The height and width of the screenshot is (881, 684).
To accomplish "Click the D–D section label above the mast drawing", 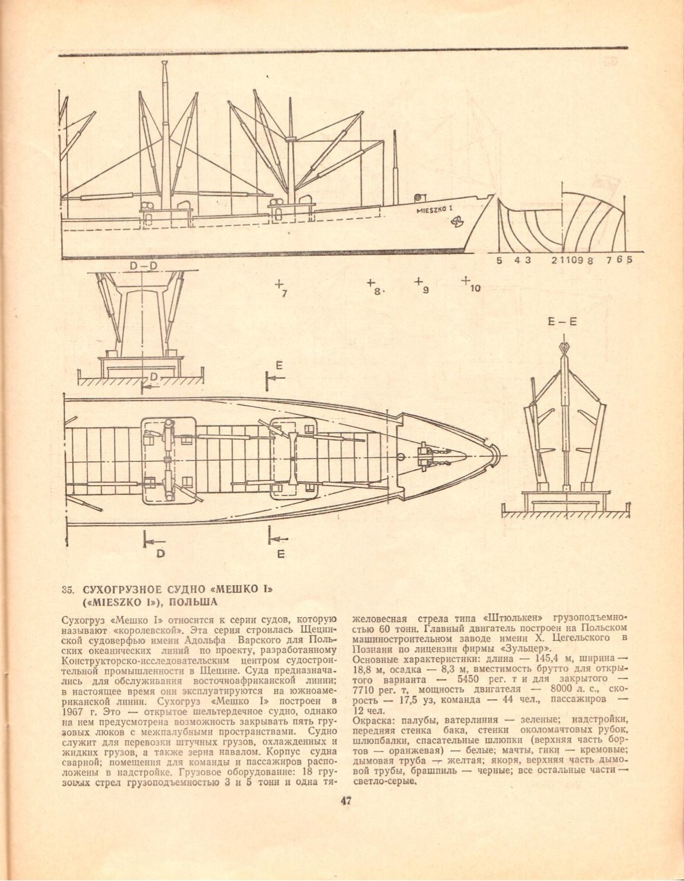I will (x=144, y=266).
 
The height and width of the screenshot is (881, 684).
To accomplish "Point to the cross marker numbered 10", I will (x=465, y=281).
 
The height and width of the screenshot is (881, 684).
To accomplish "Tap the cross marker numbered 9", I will (x=418, y=282).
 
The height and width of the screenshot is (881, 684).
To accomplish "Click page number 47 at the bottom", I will (x=347, y=801).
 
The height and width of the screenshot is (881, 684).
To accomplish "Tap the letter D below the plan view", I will (x=160, y=553).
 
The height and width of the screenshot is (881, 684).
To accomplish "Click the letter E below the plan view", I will (x=281, y=554).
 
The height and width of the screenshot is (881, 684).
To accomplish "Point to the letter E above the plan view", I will (x=279, y=365).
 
